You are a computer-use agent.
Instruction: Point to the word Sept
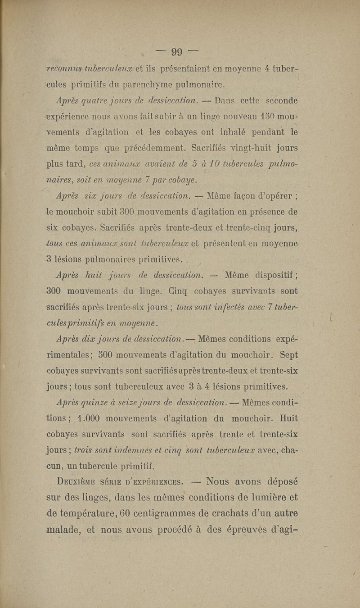[289, 355]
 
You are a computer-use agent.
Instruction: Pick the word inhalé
[250, 131]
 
